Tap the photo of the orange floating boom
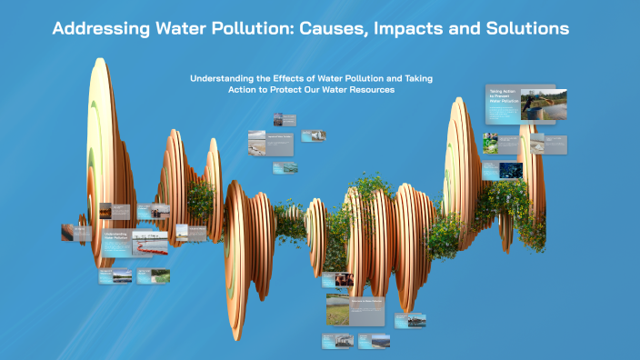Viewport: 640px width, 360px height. coord(151,243)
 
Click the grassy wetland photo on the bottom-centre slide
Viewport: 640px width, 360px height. coord(338,309)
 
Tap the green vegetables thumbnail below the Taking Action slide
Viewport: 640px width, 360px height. coord(491,143)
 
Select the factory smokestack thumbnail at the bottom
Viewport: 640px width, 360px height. coord(338,341)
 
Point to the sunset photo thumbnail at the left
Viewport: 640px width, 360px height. coord(106,211)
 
